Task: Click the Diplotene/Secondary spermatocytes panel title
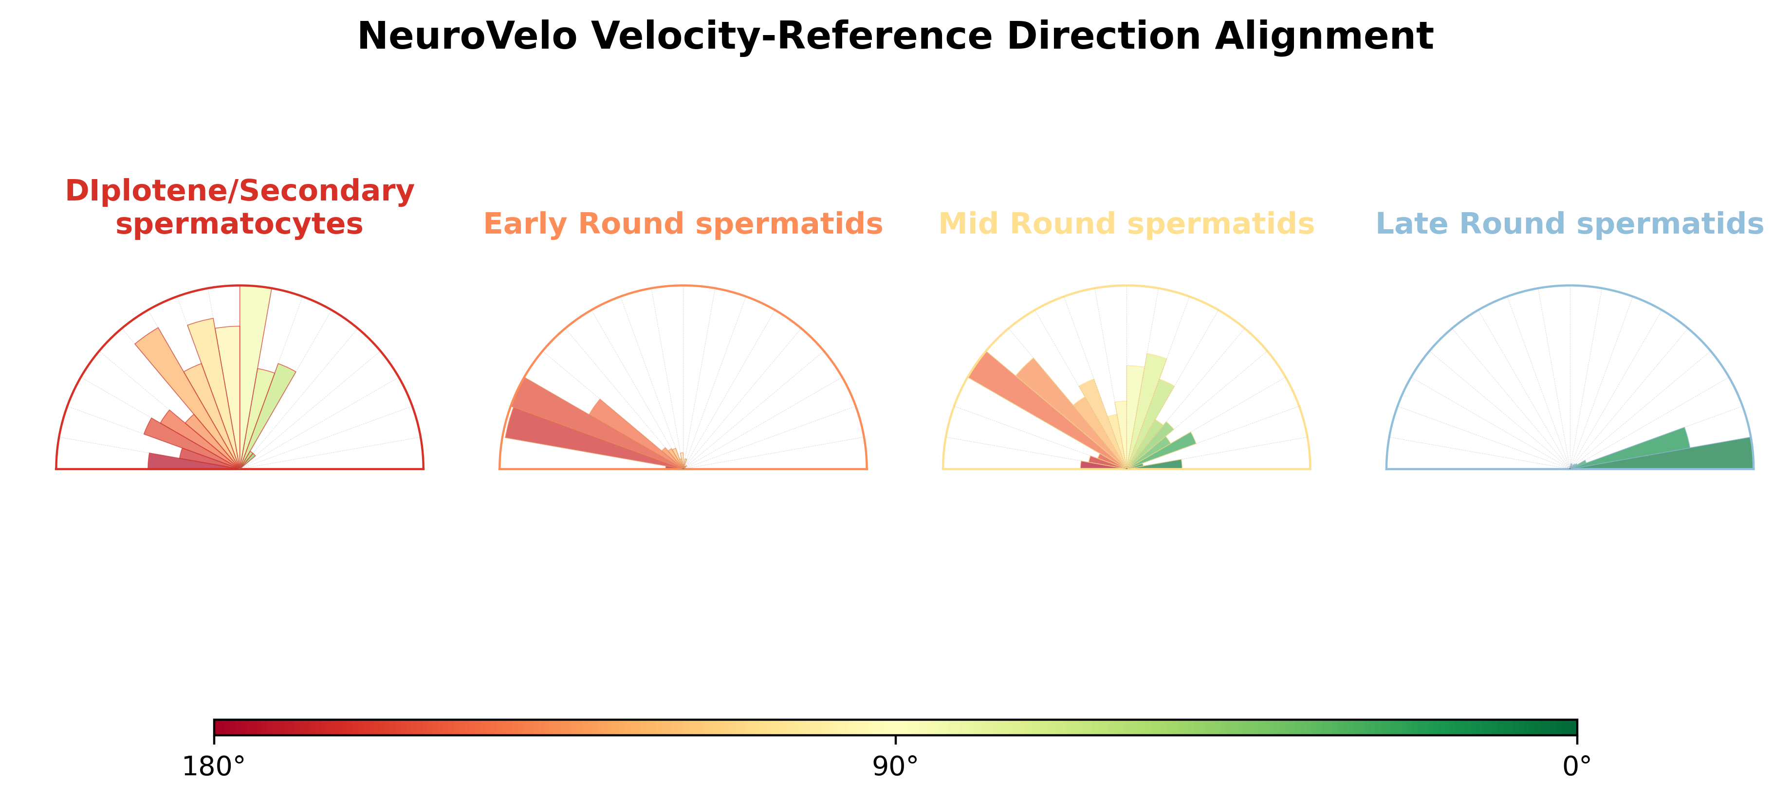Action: click(x=240, y=207)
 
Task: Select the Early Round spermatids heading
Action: click(x=683, y=224)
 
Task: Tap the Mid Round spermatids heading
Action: click(x=1126, y=224)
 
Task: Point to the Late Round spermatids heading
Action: click(x=1570, y=224)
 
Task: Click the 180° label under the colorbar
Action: click(x=213, y=766)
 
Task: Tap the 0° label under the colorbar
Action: click(x=1577, y=766)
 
